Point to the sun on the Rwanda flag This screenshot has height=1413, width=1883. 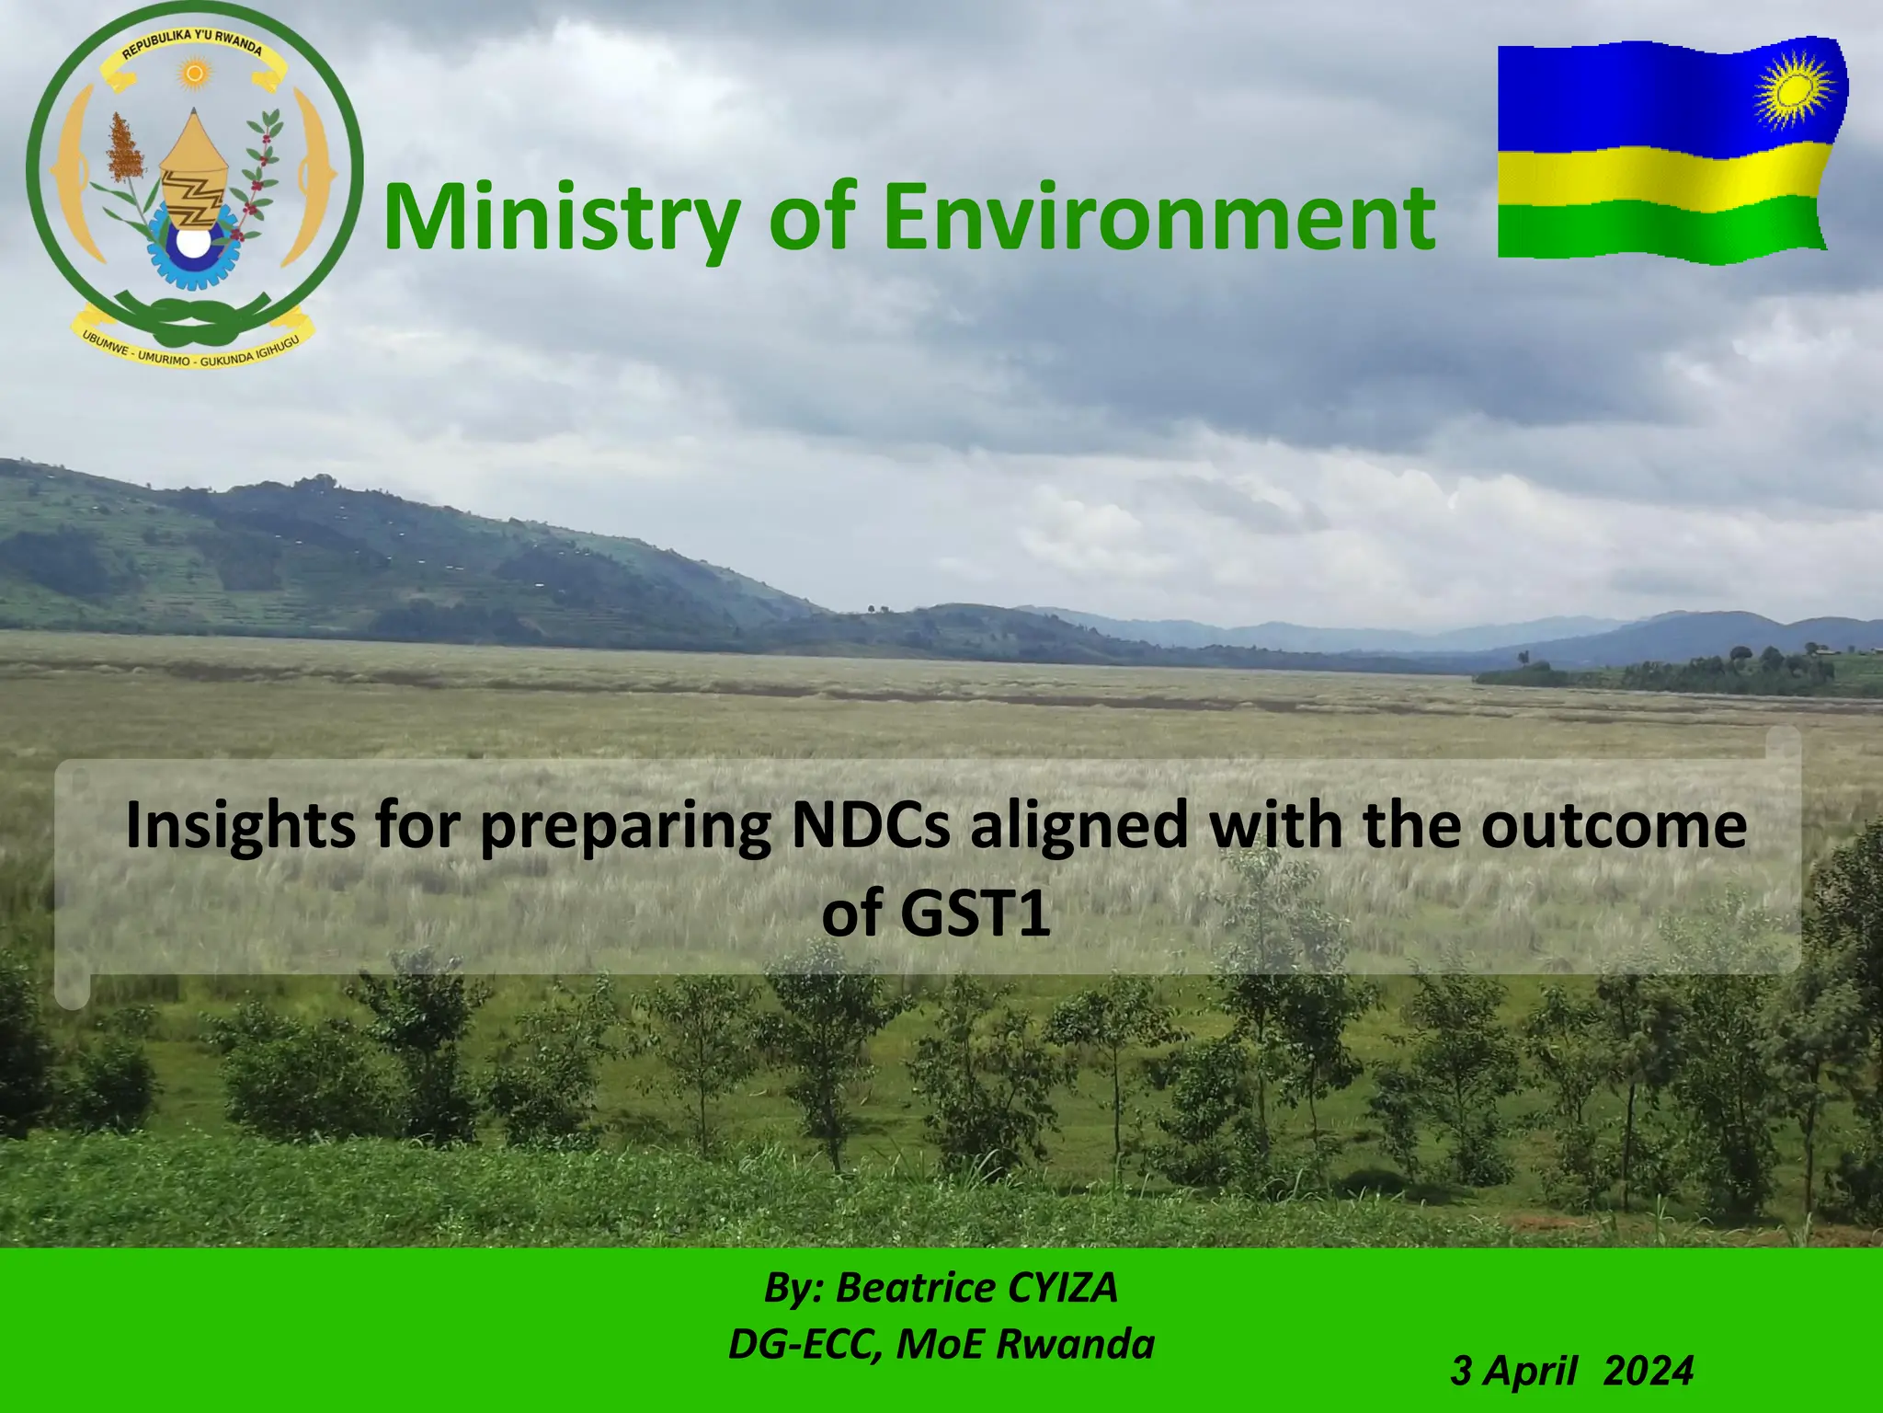click(x=1794, y=90)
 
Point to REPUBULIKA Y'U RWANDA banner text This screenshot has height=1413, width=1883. click(x=193, y=42)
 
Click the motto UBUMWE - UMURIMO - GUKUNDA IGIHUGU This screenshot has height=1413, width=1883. click(x=193, y=350)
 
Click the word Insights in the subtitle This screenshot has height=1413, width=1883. click(x=241, y=826)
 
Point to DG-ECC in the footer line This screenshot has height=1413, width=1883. click(x=799, y=1344)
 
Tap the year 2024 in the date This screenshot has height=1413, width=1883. click(x=1648, y=1371)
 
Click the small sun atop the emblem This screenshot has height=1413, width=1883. click(x=193, y=73)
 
